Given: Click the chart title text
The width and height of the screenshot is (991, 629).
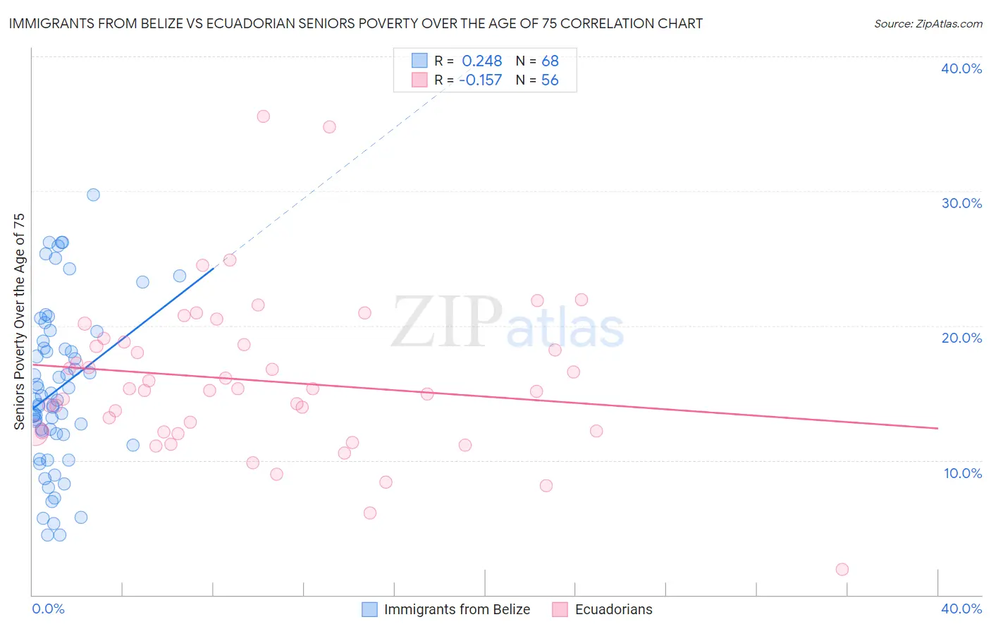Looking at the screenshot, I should pyautogui.click(x=355, y=23).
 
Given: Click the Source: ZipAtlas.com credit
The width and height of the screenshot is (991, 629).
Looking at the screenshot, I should pyautogui.click(x=928, y=23).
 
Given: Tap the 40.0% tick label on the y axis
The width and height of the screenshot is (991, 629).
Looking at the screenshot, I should pyautogui.click(x=961, y=68).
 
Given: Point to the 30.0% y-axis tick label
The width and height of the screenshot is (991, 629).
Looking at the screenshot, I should pyautogui.click(x=961, y=203).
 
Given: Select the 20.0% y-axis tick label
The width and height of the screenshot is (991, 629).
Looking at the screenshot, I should pyautogui.click(x=961, y=338).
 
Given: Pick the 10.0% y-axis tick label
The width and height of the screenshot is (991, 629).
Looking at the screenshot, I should pyautogui.click(x=963, y=473).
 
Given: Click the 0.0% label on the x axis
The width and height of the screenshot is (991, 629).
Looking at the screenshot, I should pyautogui.click(x=48, y=609).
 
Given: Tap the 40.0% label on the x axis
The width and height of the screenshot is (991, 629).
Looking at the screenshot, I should pyautogui.click(x=961, y=609).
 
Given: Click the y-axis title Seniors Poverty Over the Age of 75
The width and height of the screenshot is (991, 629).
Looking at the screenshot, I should pyautogui.click(x=19, y=321).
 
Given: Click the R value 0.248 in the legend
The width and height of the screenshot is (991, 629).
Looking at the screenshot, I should pyautogui.click(x=482, y=61).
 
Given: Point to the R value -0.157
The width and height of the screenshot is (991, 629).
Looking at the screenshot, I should pyautogui.click(x=480, y=80).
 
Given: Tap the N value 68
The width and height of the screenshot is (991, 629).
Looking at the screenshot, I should pyautogui.click(x=550, y=61).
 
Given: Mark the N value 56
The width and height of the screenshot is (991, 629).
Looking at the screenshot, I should pyautogui.click(x=550, y=80).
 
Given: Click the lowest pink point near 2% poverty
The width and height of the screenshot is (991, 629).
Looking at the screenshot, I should pyautogui.click(x=842, y=569).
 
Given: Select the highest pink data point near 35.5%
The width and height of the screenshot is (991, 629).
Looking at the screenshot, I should pyautogui.click(x=263, y=116).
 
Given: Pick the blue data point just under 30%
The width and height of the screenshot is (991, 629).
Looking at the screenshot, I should pyautogui.click(x=93, y=195).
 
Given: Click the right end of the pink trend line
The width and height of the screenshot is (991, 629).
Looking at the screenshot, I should pyautogui.click(x=937, y=428).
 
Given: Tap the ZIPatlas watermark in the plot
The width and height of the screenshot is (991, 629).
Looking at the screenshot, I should pyautogui.click(x=507, y=323).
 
